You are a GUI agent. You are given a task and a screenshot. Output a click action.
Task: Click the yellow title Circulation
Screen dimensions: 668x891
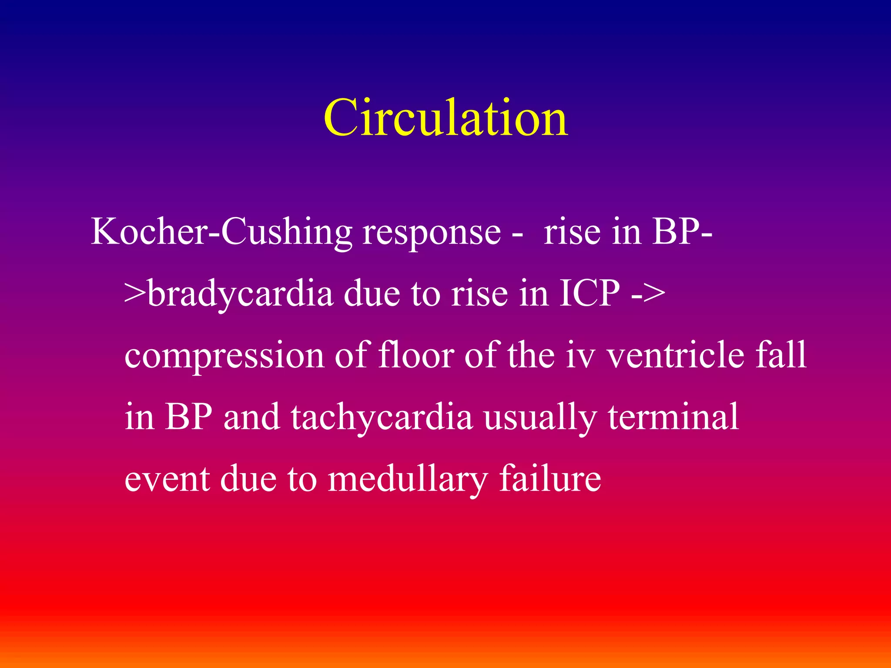445,117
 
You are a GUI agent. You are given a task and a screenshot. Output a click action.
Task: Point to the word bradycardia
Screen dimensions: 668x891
241,294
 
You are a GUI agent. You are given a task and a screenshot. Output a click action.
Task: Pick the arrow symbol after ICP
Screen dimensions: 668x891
648,294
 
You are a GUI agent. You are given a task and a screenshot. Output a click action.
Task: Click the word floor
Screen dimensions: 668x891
416,355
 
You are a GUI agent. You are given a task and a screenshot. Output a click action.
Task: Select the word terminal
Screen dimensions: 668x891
673,417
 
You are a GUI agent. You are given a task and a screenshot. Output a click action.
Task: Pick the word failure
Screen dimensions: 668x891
550,478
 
